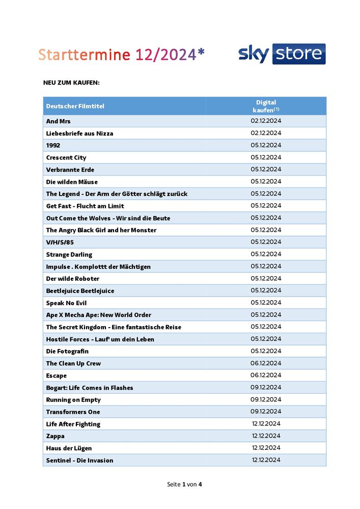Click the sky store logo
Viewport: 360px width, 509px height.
pos(282,54)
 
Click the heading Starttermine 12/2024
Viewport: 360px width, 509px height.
pos(122,55)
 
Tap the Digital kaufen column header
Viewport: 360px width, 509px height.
pos(266,106)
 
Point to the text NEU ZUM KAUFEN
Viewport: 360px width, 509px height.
pos(71,82)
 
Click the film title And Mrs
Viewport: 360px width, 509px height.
pos(58,121)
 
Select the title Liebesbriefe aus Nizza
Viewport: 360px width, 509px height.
pos(79,133)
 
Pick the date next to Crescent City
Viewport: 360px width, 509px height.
pos(266,157)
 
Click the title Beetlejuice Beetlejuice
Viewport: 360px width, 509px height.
pos(80,291)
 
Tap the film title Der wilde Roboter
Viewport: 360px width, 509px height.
pos(73,279)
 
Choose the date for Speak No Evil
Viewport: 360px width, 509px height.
pos(266,303)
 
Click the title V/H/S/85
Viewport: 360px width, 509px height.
pos(60,242)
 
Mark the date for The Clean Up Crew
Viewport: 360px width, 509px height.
pos(266,363)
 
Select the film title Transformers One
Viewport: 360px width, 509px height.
pos(73,412)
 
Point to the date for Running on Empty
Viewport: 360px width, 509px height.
pos(266,399)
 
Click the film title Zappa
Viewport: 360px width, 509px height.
pos(55,436)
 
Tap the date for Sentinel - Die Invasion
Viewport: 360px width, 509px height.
pos(266,460)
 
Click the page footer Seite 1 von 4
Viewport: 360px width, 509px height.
pos(184,484)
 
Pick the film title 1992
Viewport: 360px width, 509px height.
pos(53,145)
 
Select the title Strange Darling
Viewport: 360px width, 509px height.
pos(69,254)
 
